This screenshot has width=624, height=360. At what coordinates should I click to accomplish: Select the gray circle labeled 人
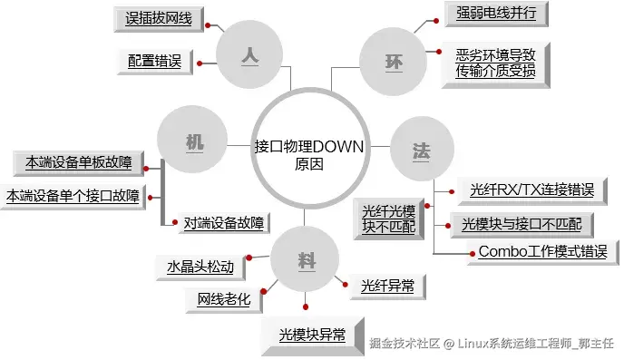click(x=249, y=54)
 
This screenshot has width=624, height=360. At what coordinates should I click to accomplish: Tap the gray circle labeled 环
click(x=394, y=62)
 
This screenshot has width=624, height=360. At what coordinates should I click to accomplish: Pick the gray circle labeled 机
click(x=192, y=140)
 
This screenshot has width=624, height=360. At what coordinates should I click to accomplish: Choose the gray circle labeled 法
click(x=422, y=149)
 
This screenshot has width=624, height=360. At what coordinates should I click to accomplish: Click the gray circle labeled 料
click(x=305, y=259)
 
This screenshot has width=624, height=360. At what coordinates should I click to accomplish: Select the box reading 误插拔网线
click(x=159, y=19)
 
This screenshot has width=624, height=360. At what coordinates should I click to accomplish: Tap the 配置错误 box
click(x=155, y=62)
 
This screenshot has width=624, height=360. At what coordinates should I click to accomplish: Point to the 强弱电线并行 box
click(x=496, y=14)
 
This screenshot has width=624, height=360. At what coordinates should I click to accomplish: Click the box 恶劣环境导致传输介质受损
click(x=496, y=65)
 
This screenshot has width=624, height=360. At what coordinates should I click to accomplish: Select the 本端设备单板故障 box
click(x=78, y=163)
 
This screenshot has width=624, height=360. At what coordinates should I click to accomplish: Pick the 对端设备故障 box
click(x=224, y=223)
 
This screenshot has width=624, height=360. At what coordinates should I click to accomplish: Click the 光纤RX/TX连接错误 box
click(x=532, y=191)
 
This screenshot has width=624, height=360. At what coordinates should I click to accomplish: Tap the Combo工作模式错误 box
click(x=543, y=252)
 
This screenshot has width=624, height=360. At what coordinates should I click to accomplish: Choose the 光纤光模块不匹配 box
click(x=389, y=219)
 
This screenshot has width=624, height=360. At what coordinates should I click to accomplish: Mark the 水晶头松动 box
click(x=200, y=268)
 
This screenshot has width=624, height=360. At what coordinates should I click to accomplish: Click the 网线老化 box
click(x=224, y=300)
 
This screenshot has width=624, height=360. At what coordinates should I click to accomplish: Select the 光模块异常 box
click(x=313, y=336)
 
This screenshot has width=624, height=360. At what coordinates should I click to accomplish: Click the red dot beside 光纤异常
click(x=345, y=285)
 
